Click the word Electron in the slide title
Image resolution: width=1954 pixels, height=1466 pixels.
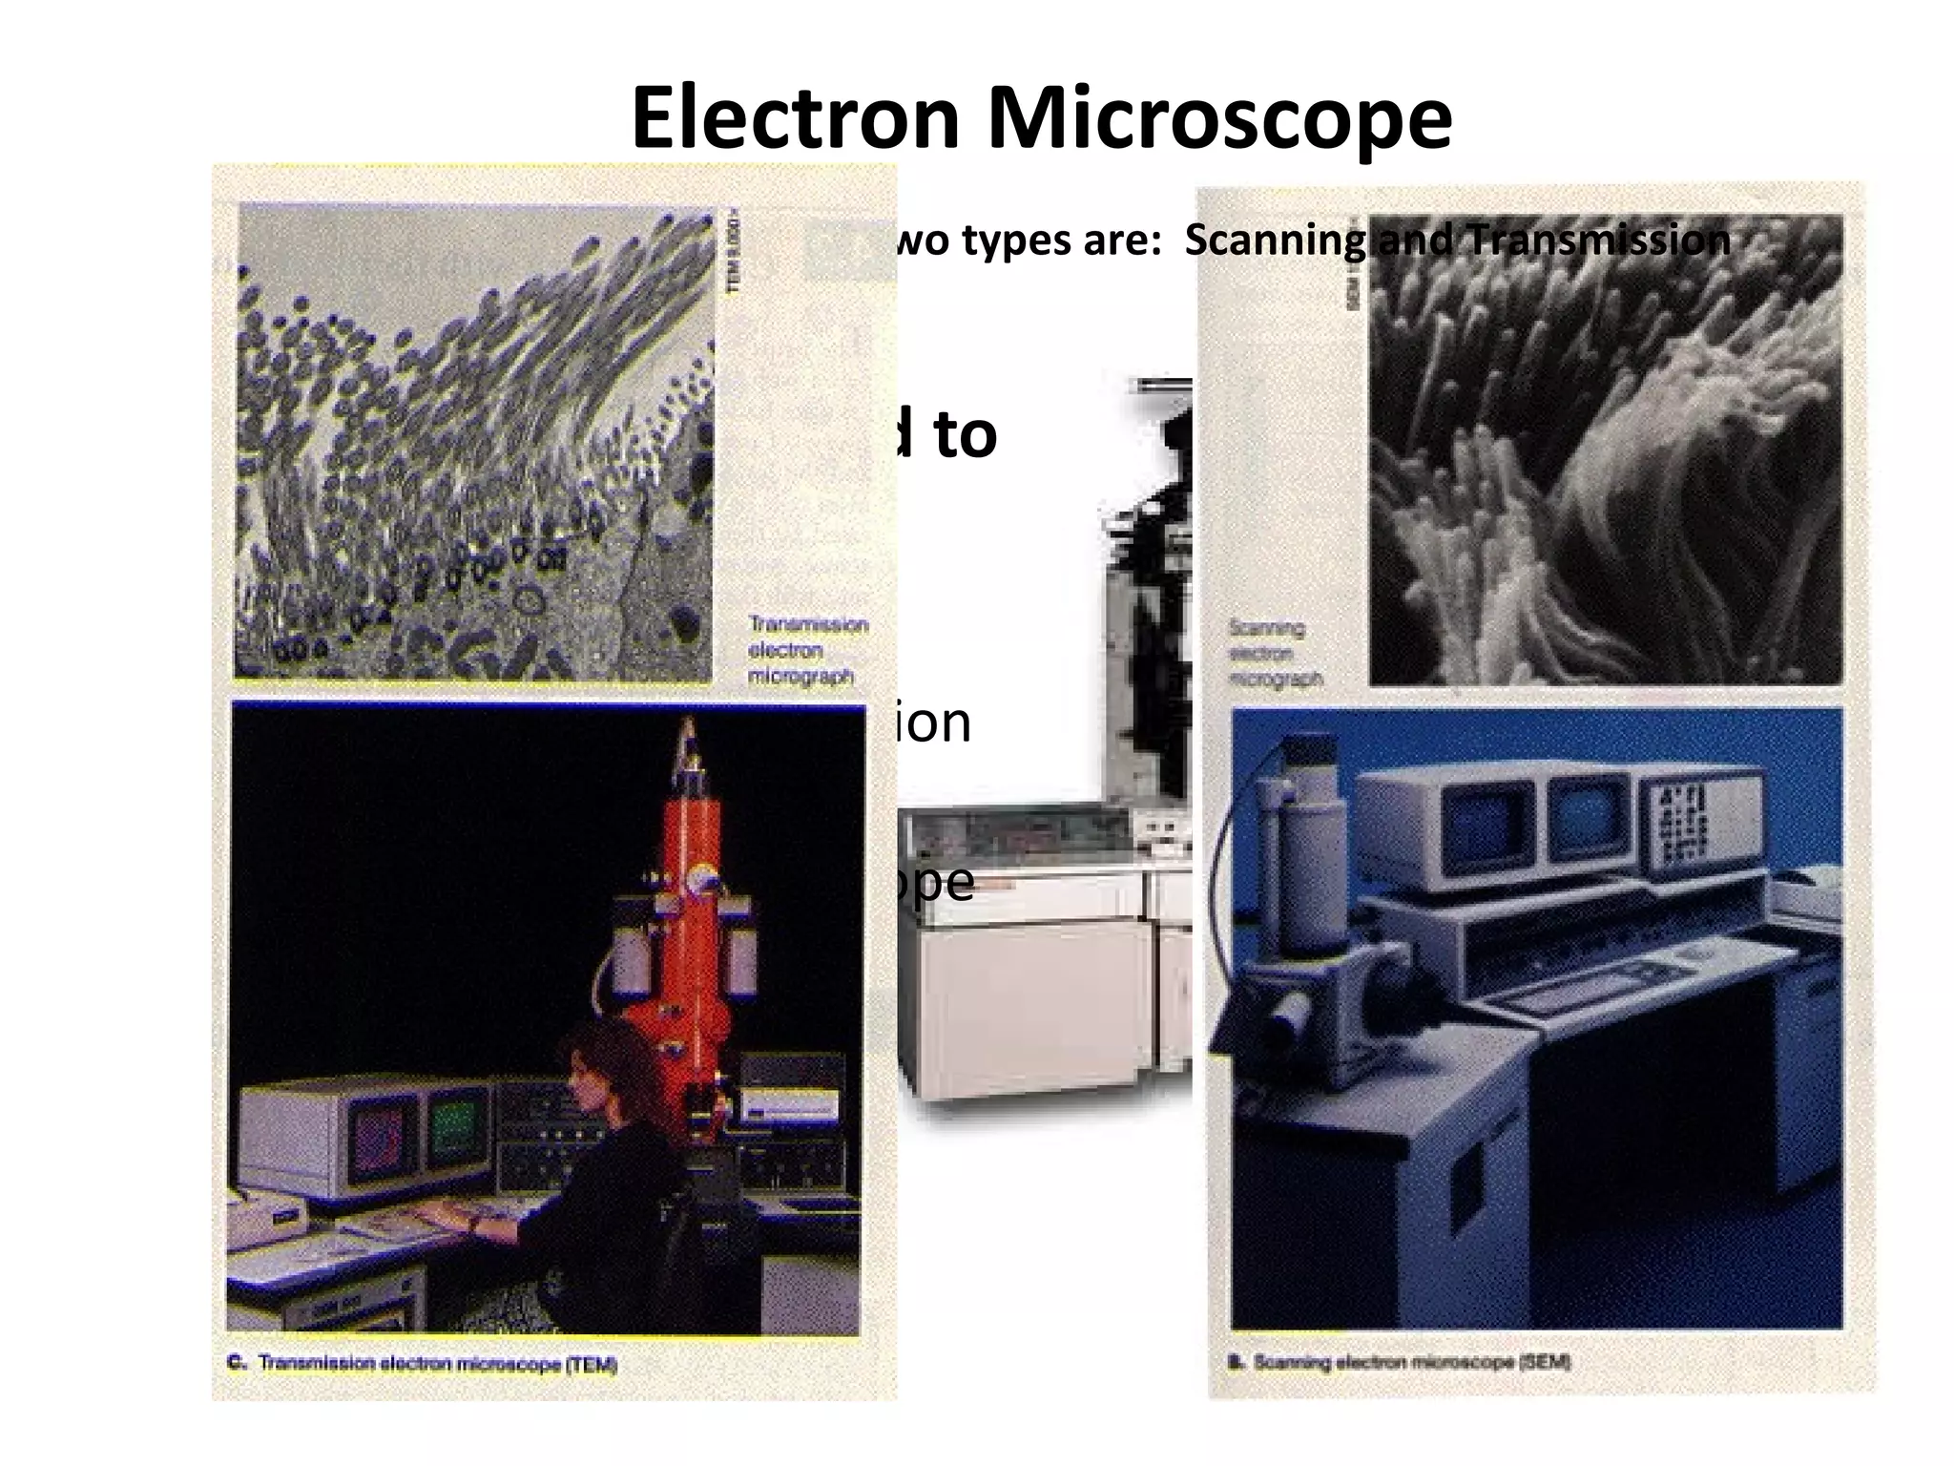795,118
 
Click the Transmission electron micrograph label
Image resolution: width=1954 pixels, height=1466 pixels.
806,650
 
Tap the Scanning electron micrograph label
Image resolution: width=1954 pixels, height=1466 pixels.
1275,654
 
